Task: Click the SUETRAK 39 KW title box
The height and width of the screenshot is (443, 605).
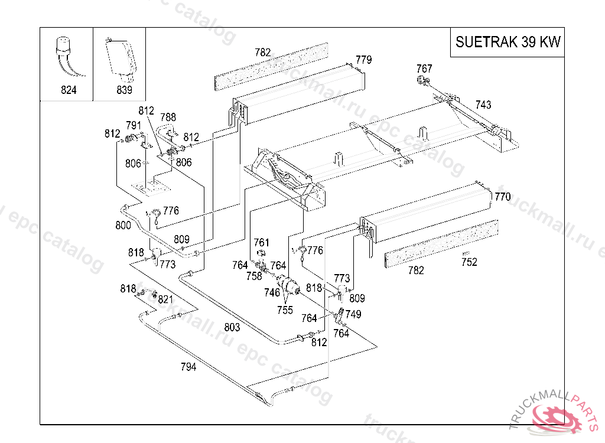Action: click(x=508, y=42)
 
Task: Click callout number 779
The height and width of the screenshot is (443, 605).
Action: click(x=363, y=60)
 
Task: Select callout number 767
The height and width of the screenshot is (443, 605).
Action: click(x=424, y=69)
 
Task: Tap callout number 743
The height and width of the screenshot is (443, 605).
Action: click(x=483, y=105)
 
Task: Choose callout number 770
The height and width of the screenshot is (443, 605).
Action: click(x=502, y=197)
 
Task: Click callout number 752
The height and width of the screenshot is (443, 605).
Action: click(x=469, y=263)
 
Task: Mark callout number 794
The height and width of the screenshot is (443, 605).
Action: click(x=188, y=366)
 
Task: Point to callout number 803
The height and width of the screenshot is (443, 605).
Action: click(x=232, y=327)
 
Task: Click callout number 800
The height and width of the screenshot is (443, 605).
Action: click(x=123, y=225)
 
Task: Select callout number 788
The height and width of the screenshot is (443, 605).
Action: click(x=168, y=118)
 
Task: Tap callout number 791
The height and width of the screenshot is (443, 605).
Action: click(x=134, y=125)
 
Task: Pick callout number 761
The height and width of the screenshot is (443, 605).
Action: click(x=261, y=243)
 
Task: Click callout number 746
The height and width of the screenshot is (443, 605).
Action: click(x=272, y=292)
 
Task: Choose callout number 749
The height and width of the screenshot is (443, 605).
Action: click(x=353, y=314)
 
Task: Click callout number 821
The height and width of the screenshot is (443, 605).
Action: click(x=165, y=299)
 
